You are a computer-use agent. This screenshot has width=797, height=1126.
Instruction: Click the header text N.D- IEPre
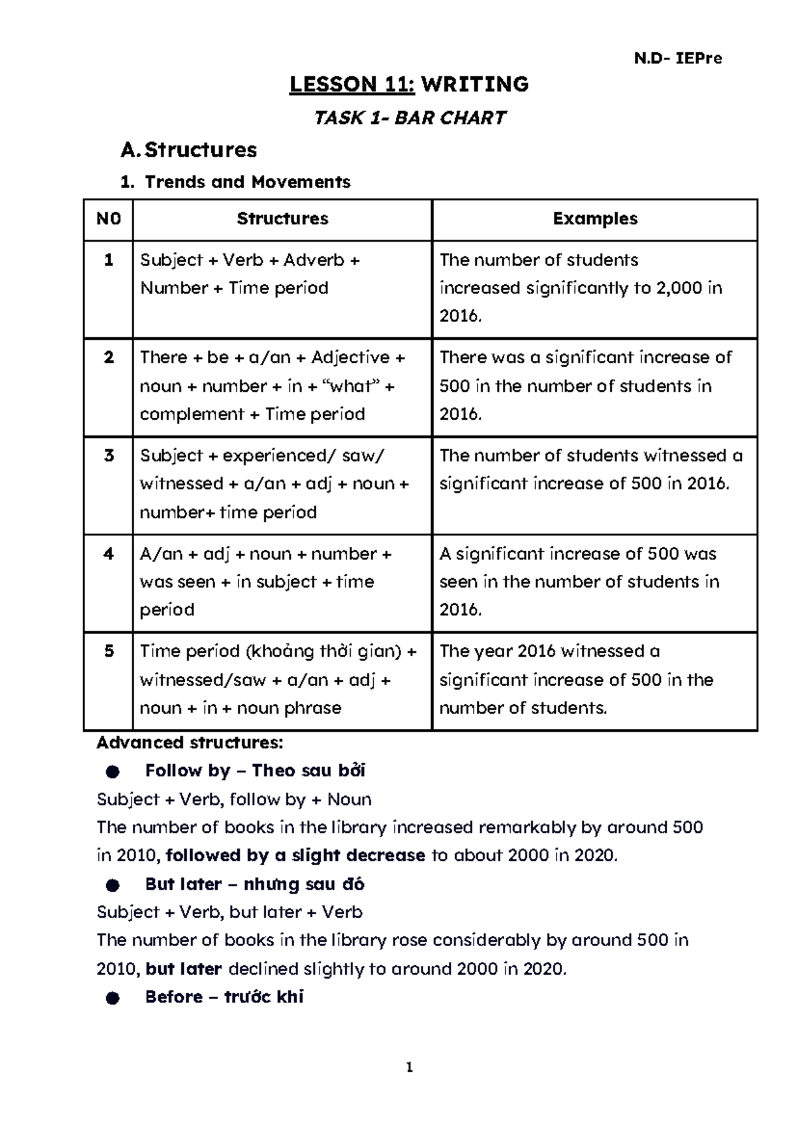677,58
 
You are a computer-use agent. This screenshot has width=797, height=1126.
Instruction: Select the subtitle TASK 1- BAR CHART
409,118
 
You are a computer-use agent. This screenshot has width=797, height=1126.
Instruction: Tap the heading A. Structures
189,150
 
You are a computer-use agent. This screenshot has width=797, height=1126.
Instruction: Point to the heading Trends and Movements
247,182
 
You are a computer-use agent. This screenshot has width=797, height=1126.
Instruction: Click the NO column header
108,219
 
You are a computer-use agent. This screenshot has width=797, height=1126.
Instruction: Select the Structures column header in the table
282,219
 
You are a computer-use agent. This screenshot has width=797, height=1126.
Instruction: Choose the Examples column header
594,219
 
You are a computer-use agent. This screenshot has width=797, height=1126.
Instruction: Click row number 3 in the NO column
108,455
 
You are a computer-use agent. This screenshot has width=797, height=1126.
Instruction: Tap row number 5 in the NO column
108,651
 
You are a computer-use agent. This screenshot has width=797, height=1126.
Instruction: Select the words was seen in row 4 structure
177,582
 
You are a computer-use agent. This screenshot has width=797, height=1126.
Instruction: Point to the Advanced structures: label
189,742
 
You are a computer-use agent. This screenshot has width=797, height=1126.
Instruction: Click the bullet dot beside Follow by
112,771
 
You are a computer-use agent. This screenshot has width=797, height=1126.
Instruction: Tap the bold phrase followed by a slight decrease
295,855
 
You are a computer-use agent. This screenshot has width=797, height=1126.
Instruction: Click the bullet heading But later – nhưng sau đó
254,884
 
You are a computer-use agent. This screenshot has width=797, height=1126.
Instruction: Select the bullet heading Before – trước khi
224,997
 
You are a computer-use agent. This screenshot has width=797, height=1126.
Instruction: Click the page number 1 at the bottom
409,1068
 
